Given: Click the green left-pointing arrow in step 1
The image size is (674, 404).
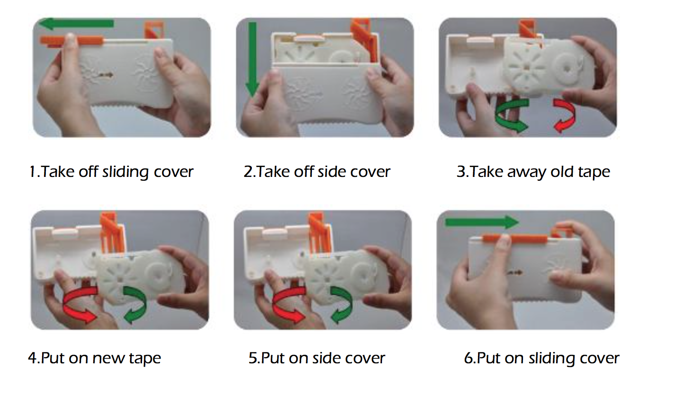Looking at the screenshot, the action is coord(76,24).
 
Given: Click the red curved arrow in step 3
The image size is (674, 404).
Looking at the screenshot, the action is coord(565,115).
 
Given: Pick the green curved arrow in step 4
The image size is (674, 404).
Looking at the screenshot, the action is coord(135,305).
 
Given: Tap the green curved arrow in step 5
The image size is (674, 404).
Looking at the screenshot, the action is coord(342,305).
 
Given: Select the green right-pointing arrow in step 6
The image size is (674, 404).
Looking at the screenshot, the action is coord(482,222).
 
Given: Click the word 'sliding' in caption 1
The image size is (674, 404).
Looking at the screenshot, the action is coord(125,172).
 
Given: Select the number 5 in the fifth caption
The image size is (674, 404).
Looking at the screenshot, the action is coord(252,358).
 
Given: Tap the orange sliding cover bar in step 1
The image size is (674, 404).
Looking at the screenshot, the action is coord(72,41).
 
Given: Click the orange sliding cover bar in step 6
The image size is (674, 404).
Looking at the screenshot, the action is coord(514,239).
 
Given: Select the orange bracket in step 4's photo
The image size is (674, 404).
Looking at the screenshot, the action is coord(112,233).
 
